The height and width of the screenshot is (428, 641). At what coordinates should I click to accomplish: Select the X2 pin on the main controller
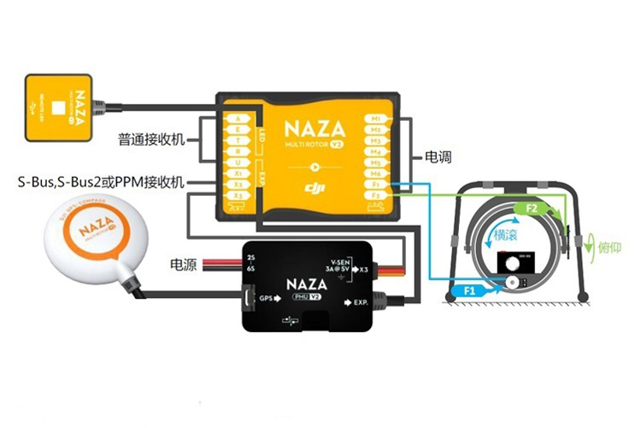(238, 184)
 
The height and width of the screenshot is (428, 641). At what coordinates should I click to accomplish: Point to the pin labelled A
(238, 118)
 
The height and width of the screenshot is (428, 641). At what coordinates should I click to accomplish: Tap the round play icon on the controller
(315, 168)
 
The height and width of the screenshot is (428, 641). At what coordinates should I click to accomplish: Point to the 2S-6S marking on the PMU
(250, 262)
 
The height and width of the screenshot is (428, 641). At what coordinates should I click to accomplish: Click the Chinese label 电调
(438, 158)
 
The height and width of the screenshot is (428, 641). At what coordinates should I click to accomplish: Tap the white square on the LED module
(58, 109)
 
